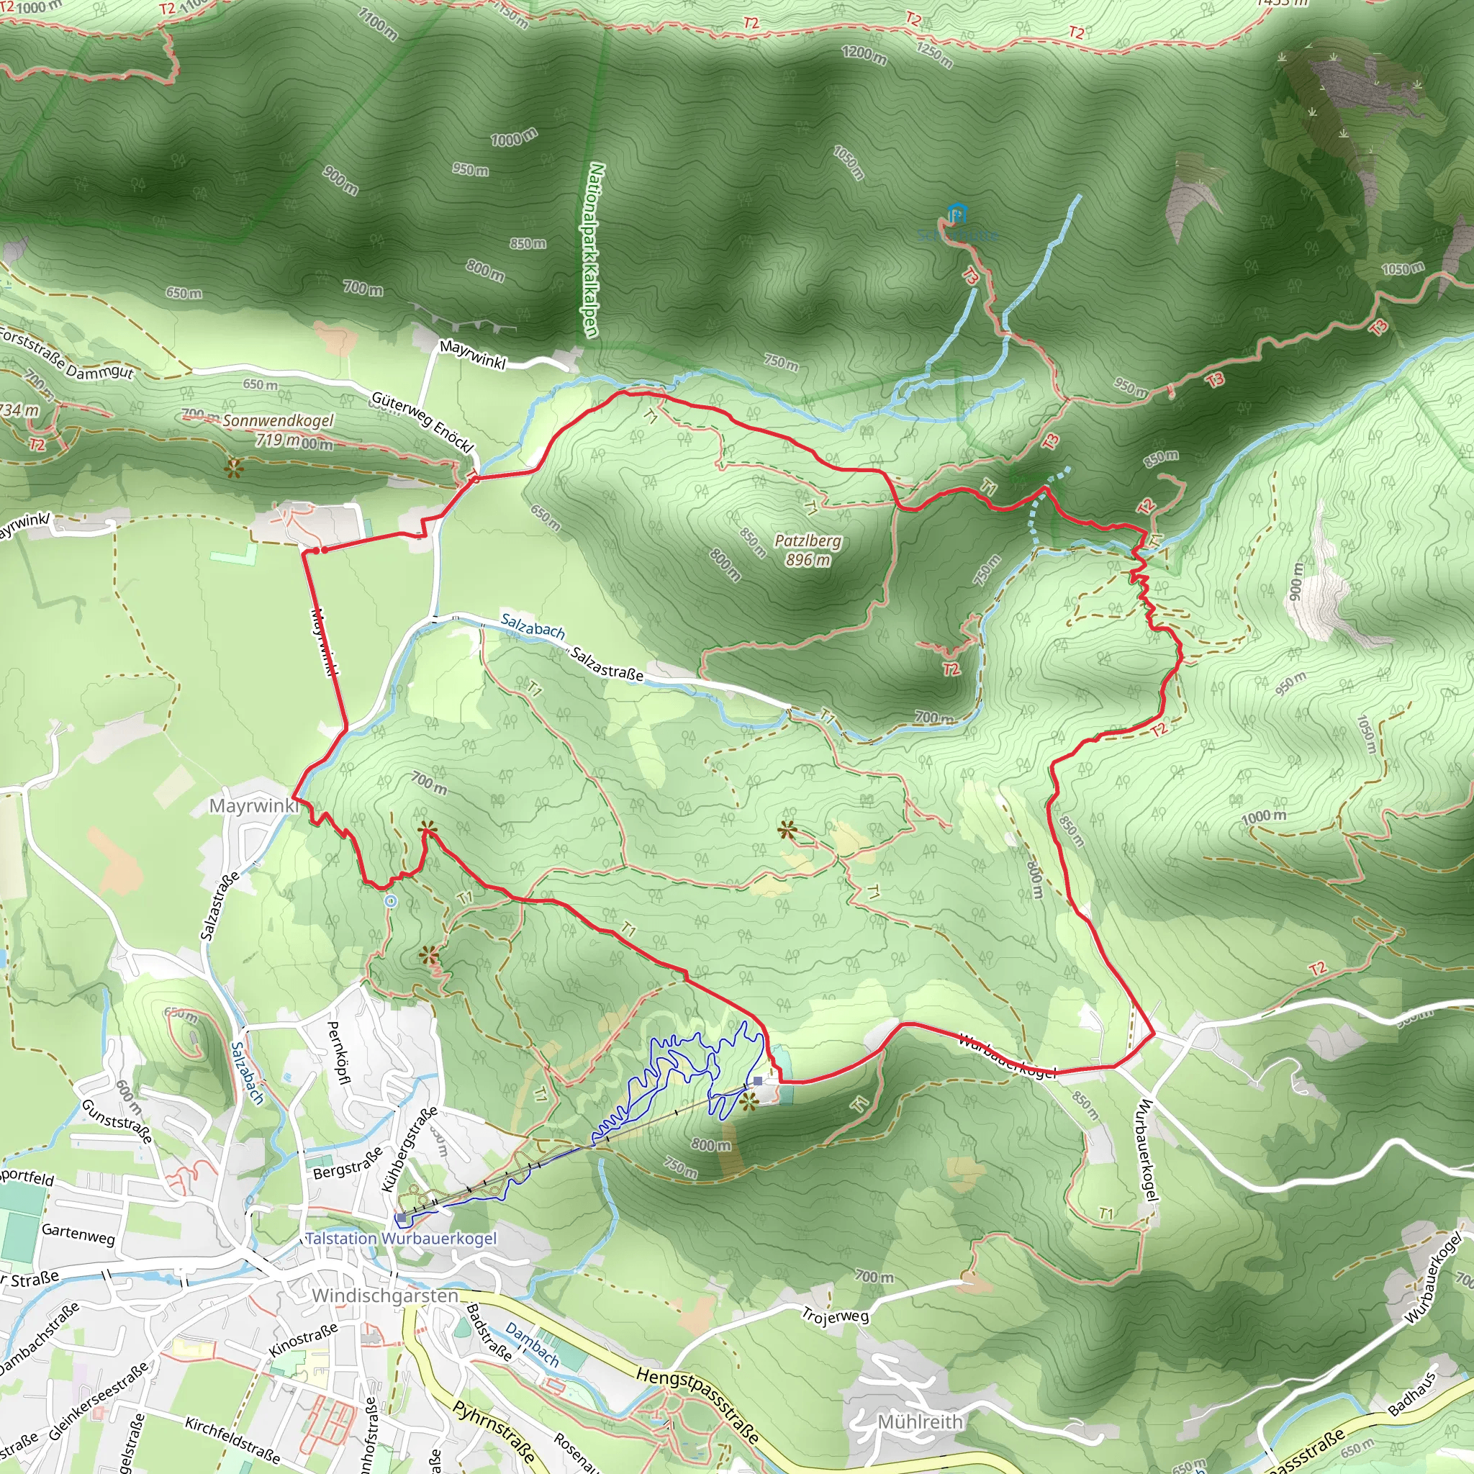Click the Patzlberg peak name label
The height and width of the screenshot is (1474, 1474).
pyautogui.click(x=808, y=541)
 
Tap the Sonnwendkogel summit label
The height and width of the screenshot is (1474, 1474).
pyautogui.click(x=278, y=420)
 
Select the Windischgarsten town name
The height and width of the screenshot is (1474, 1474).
pyautogui.click(x=385, y=1296)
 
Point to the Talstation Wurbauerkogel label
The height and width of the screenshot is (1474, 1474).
pyautogui.click(x=402, y=1238)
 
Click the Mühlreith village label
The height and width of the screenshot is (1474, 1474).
pyautogui.click(x=920, y=1421)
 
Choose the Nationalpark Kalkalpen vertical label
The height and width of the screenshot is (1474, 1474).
pyautogui.click(x=594, y=250)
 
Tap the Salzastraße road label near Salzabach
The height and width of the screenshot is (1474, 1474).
pyautogui.click(x=607, y=664)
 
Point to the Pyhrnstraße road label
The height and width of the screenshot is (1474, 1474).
pyautogui.click(x=495, y=1437)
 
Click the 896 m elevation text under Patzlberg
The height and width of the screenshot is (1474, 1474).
pyautogui.click(x=808, y=560)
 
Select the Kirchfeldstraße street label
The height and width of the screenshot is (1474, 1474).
pyautogui.click(x=232, y=1438)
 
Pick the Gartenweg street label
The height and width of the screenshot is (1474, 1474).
pyautogui.click(x=78, y=1234)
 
